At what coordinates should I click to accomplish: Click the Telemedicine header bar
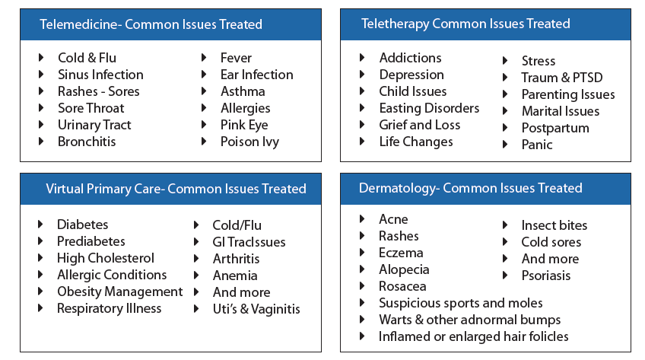(151, 24)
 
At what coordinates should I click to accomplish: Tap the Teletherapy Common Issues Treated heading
(465, 24)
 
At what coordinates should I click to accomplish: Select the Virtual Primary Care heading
(175, 189)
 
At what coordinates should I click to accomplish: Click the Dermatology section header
(470, 188)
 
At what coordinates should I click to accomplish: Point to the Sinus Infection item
(100, 75)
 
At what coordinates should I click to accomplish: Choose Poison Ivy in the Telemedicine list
(249, 142)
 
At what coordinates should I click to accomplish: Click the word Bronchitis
(87, 142)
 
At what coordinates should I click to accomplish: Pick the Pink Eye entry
(244, 125)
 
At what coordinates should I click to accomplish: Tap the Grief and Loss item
(420, 125)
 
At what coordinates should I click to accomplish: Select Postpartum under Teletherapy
(554, 128)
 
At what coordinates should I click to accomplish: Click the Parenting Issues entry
(567, 94)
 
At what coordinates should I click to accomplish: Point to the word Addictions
(410, 58)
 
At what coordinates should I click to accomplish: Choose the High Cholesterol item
(105, 258)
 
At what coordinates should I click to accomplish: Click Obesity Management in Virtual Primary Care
(119, 292)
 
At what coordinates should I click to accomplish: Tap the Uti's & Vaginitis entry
(256, 308)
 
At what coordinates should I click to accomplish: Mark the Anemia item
(235, 275)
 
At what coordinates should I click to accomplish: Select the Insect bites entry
(554, 225)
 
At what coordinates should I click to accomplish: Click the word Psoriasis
(545, 276)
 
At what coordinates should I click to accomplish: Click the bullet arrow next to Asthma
(205, 91)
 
